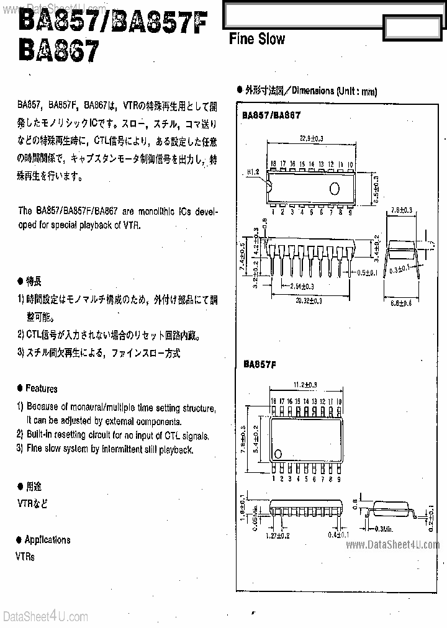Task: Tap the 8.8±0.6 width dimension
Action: click(405, 303)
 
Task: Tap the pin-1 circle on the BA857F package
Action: click(280, 452)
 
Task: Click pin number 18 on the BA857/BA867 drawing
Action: click(273, 164)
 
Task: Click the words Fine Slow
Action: click(257, 39)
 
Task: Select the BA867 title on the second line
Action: click(58, 50)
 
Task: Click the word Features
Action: click(42, 388)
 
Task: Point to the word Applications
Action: click(47, 539)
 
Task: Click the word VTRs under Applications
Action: click(25, 557)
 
